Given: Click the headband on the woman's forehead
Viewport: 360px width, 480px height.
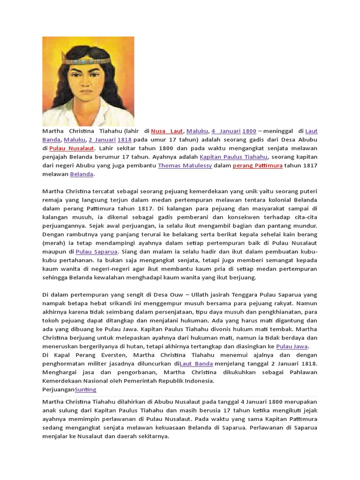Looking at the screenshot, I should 89,60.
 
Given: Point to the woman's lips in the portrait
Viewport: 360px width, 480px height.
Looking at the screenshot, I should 89,97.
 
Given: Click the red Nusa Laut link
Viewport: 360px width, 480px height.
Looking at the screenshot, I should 167,131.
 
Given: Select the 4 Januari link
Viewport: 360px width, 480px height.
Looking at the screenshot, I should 225,131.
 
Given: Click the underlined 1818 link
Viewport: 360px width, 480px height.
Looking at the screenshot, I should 124,140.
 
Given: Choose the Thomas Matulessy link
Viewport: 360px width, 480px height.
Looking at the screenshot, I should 185,165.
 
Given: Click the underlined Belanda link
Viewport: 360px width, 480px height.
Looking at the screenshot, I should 82,174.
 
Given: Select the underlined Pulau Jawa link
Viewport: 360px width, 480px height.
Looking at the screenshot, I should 292,346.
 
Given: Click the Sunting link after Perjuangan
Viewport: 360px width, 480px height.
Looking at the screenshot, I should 86,390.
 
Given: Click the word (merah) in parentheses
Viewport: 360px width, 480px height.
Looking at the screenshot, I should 55,243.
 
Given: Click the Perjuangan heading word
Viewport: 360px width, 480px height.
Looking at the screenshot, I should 58,390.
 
